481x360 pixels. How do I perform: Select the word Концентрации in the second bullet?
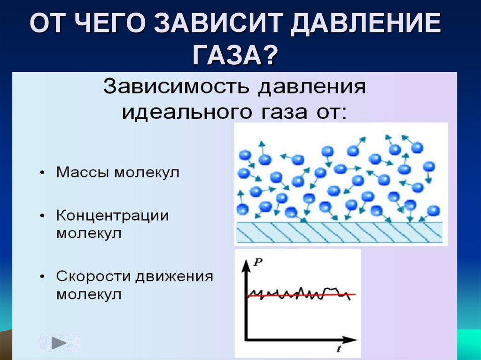pos(112,215)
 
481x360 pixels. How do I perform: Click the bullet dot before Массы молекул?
pos(43,173)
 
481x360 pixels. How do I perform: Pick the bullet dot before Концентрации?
pos(43,216)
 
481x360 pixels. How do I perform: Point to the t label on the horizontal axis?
pos(338,349)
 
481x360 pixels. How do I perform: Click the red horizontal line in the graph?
pos(301,295)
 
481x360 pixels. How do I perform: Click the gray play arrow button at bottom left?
pos(60,343)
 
